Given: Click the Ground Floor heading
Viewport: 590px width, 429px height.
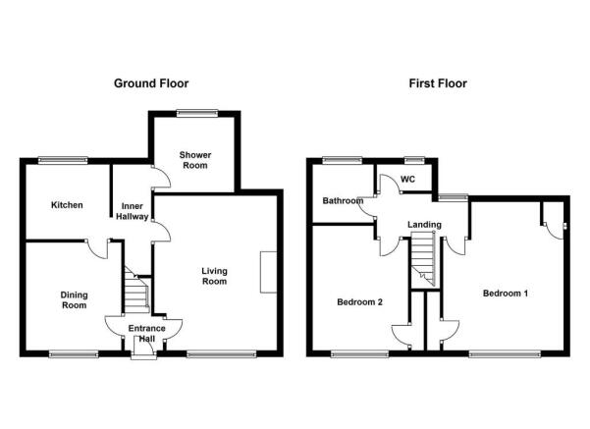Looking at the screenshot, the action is click(151, 83).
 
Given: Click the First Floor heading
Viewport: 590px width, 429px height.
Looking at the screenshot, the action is click(438, 83).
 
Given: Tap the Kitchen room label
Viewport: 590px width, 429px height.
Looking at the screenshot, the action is click(67, 205).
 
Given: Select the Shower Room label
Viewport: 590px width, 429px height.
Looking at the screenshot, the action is click(195, 160).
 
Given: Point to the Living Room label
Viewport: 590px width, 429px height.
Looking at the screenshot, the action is click(214, 276).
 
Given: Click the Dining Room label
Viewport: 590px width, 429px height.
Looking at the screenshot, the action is click(75, 300).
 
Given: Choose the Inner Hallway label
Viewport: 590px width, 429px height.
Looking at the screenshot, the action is click(133, 211).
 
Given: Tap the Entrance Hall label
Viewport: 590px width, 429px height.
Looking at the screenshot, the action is click(146, 334).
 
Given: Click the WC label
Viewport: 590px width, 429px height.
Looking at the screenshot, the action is click(407, 179).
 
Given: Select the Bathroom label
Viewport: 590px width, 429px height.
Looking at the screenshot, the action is click(343, 200).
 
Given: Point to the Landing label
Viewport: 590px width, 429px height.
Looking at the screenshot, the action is click(424, 225).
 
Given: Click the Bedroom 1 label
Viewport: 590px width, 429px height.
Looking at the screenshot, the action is click(506, 294).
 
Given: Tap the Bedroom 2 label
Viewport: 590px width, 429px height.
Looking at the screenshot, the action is click(359, 301).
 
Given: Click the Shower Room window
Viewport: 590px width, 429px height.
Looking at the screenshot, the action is click(197, 112).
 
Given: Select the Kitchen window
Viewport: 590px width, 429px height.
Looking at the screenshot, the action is click(63, 160).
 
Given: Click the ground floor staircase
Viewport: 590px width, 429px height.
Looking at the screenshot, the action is click(136, 290).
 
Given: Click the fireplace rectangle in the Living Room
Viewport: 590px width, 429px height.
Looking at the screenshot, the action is click(268, 272).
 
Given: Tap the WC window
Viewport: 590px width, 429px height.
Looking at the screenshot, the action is click(414, 160).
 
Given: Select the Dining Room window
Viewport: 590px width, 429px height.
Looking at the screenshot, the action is click(74, 353).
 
